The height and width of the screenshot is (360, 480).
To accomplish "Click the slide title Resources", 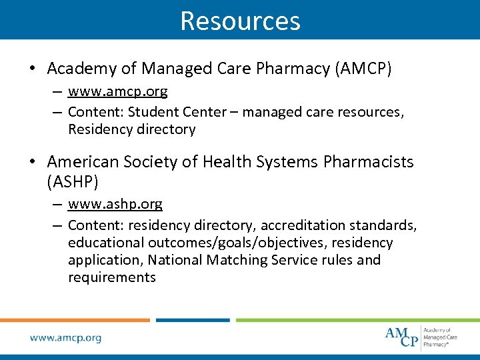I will [240, 21].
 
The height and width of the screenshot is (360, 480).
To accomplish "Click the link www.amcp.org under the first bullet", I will [117, 91].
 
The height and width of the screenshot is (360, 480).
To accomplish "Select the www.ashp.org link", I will [115, 204].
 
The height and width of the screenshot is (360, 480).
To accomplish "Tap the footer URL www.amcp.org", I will [65, 338].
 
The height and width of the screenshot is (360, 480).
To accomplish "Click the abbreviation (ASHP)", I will [73, 181].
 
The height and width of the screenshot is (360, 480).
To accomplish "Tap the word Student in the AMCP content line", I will [151, 112].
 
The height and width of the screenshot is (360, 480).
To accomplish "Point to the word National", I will [177, 260].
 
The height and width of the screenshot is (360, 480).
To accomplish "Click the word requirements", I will [112, 277].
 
